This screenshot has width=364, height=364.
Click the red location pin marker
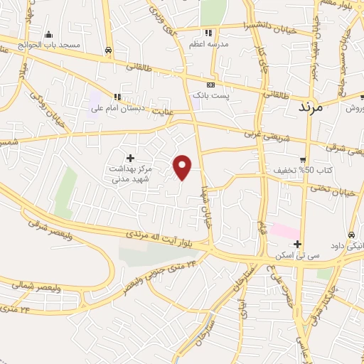[x=183, y=166]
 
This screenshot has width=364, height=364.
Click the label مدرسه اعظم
[x=208, y=44]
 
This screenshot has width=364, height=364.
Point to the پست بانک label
[x=210, y=94]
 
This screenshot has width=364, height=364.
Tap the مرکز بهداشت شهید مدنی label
[x=130, y=174]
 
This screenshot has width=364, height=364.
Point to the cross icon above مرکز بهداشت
[x=130, y=158]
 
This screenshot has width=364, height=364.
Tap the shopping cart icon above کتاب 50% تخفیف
[x=303, y=160]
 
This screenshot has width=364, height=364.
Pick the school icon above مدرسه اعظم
[x=208, y=33]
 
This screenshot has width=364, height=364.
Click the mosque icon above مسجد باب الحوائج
[x=48, y=34]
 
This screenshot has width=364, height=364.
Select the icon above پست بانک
[x=210, y=83]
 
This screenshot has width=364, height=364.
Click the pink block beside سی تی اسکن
[x=284, y=232]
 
